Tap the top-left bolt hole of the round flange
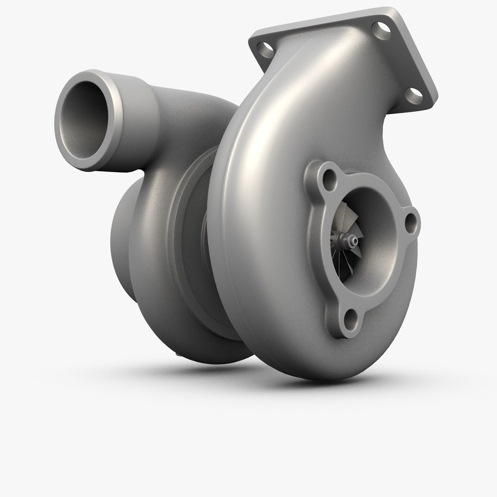[x=329, y=180]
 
